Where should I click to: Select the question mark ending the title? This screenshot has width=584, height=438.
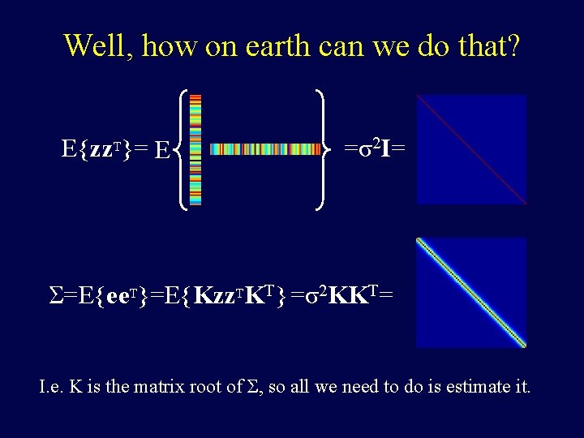(x=511, y=45)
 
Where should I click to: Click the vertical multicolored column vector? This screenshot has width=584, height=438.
(x=195, y=149)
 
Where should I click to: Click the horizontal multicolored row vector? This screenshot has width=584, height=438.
(x=264, y=149)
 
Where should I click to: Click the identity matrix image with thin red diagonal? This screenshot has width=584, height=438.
(x=471, y=149)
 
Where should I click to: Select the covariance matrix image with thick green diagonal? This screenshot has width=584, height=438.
(x=471, y=292)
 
